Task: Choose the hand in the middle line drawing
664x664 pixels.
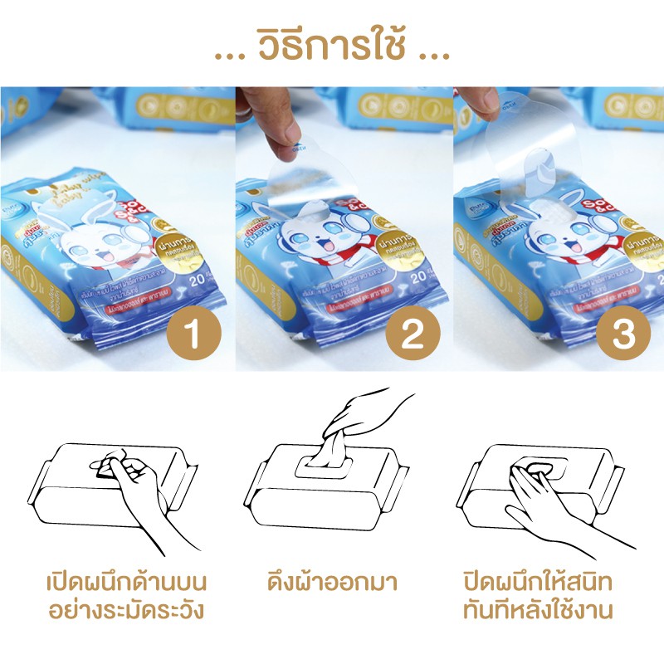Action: coord(365,411)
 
